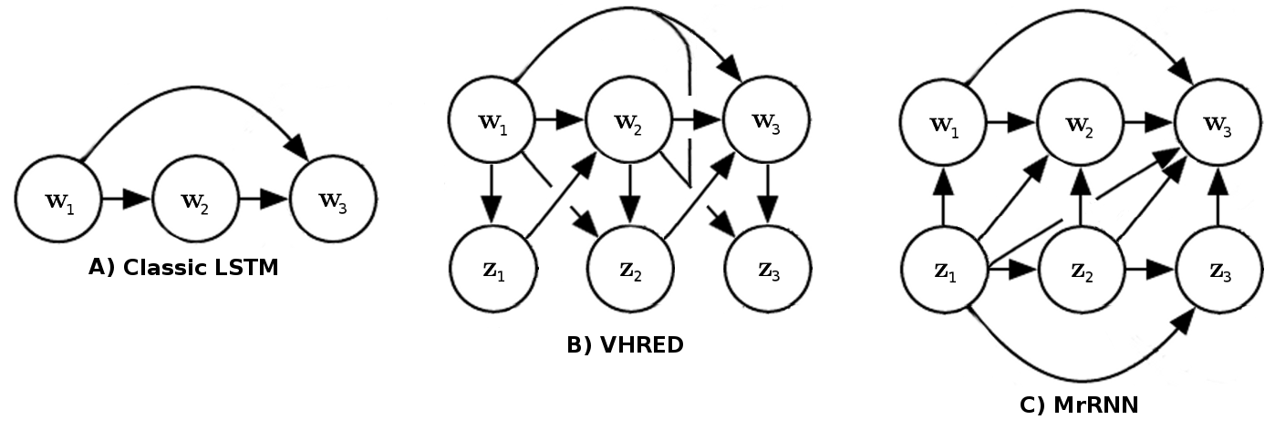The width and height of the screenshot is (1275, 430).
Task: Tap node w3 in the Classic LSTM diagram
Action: click(333, 200)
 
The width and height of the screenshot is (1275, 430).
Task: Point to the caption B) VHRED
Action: click(626, 345)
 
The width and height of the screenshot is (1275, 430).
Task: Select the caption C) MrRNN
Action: click(1079, 405)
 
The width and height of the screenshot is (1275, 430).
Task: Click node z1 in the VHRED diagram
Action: click(492, 269)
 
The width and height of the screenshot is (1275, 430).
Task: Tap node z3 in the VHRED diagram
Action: click(766, 269)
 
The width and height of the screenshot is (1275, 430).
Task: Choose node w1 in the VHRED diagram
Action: click(492, 120)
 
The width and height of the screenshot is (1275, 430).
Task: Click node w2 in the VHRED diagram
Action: click(629, 120)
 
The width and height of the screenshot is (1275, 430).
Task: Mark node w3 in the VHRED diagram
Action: click(766, 120)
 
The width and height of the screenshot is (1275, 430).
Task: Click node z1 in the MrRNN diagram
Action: click(944, 271)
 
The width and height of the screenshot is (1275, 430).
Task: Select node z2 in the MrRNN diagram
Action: click(1081, 271)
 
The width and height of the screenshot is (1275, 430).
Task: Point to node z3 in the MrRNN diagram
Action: click(1218, 271)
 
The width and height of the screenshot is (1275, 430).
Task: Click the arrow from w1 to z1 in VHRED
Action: click(492, 194)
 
